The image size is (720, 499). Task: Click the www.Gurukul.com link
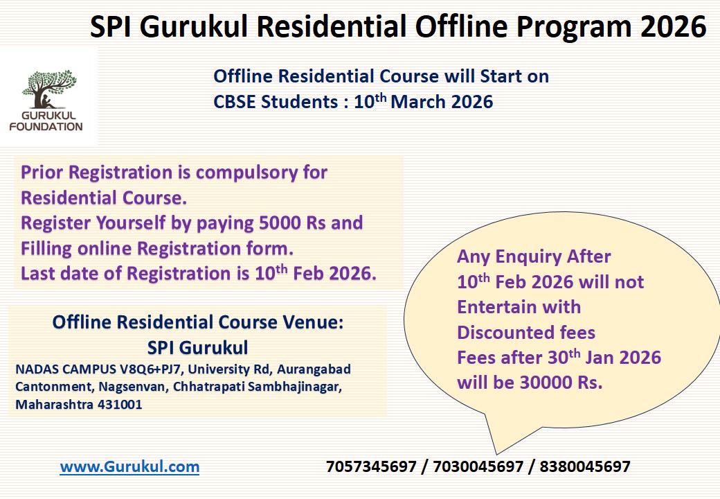(129, 466)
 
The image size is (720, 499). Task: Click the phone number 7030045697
(478, 466)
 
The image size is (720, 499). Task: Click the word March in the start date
(420, 102)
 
